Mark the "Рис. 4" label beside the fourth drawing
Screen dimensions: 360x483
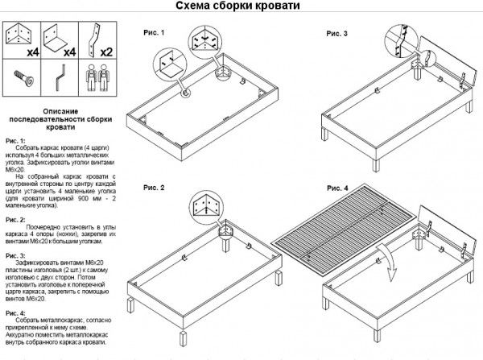click(x=338, y=188)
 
